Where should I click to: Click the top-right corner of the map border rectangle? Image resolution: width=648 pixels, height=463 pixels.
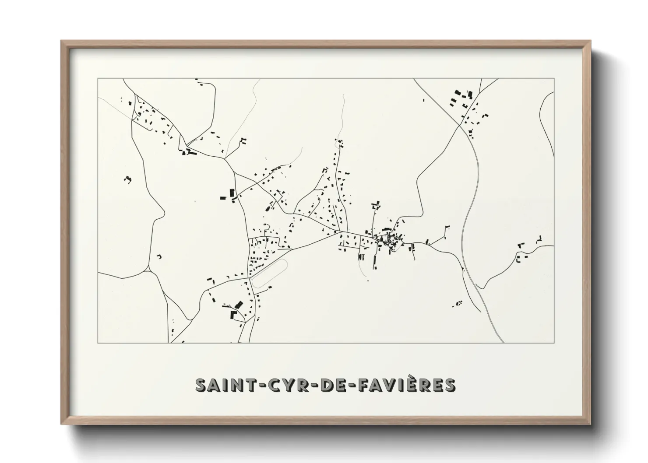pyautogui.click(x=554, y=79)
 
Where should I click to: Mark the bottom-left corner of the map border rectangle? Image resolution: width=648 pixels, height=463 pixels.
pyautogui.click(x=98, y=343)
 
